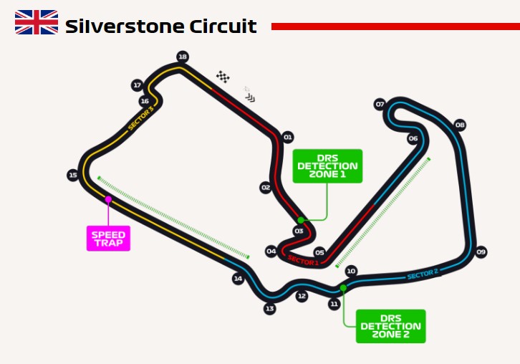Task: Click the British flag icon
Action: pos(37,22)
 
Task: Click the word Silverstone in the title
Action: pos(125,27)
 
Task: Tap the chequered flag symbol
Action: pos(223,77)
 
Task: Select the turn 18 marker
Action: pos(183,57)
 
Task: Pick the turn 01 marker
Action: pos(287,137)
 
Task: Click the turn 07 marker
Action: pos(380,104)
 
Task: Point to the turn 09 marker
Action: pos(481,252)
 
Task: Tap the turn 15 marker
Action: pos(73,175)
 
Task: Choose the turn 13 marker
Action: pos(269,309)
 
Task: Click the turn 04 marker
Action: pos(271,252)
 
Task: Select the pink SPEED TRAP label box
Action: pos(108,239)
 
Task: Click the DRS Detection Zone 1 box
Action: pos(327,166)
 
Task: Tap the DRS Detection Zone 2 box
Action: pos(390,326)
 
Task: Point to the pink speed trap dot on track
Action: pos(108,199)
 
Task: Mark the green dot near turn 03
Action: pos(301,220)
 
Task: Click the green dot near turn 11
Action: pos(343,287)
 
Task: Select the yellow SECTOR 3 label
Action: pos(141,118)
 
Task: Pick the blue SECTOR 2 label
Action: pos(423,274)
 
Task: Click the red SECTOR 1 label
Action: pos(303,261)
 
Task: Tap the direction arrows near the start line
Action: pos(251,98)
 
